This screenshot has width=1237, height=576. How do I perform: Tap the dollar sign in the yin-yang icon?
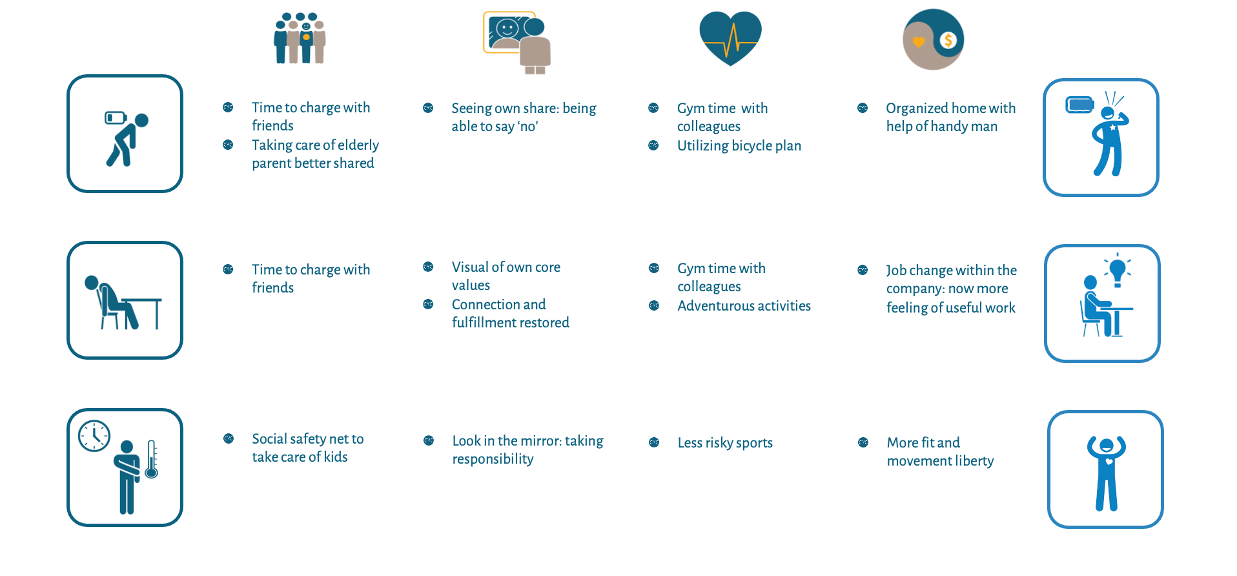point(948,40)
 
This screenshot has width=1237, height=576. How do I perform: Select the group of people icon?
point(300,37)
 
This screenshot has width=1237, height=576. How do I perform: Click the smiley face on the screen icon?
point(507,28)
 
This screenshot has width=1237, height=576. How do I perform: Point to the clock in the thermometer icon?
point(94,436)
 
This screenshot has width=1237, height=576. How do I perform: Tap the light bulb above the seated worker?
point(1118,269)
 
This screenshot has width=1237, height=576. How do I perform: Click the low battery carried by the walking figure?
point(115,118)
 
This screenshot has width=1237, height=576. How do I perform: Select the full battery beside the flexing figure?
point(1079,104)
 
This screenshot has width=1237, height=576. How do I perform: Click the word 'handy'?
point(949,127)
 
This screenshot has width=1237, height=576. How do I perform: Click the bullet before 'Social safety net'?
point(229,438)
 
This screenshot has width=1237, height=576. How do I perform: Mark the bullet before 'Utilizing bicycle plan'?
point(653,145)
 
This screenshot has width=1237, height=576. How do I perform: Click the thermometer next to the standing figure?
point(152,459)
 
